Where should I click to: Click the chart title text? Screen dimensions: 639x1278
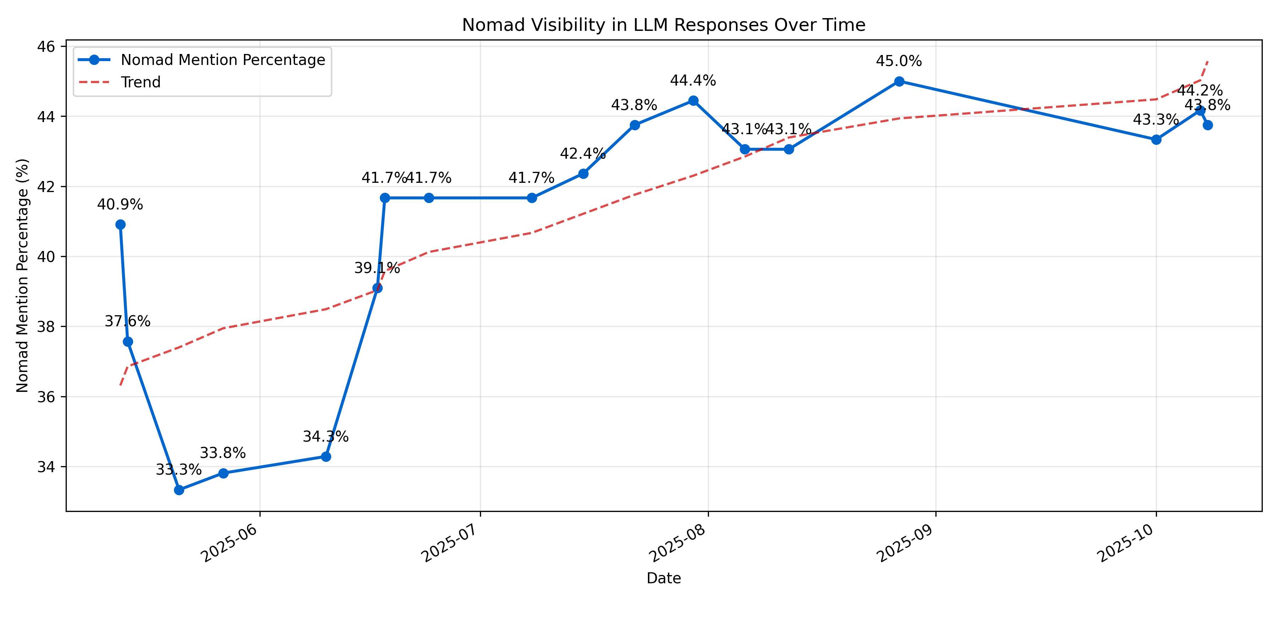click(x=663, y=25)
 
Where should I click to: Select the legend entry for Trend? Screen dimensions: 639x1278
click(x=140, y=82)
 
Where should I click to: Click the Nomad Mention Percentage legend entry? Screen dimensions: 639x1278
click(x=223, y=60)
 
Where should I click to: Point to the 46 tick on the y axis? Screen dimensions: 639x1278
click(x=46, y=47)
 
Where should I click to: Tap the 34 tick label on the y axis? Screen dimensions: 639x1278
click(x=46, y=467)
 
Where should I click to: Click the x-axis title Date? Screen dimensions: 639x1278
click(x=663, y=578)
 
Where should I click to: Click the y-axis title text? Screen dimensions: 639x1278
click(x=22, y=275)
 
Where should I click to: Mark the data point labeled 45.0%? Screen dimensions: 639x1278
click(x=899, y=81)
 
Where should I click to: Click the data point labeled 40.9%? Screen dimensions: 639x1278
click(x=120, y=225)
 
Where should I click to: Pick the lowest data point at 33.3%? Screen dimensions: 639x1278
click(x=179, y=490)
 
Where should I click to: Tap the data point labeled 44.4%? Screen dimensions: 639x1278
click(x=693, y=101)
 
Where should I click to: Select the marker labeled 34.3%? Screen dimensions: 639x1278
click(x=326, y=457)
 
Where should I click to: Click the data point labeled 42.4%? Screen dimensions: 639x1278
click(x=583, y=174)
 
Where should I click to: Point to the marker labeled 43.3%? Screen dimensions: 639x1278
click(x=1156, y=140)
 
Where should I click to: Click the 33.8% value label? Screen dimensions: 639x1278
click(x=223, y=453)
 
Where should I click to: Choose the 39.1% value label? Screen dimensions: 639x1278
click(x=377, y=268)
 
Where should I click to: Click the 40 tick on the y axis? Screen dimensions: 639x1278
click(x=46, y=257)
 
